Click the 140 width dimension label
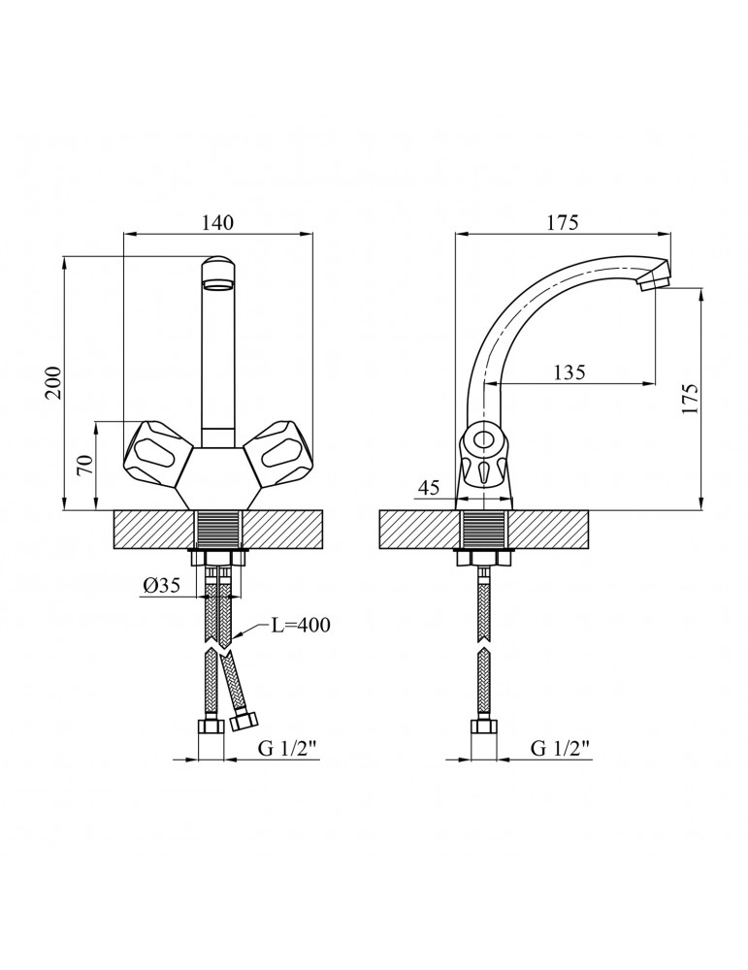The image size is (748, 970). click(217, 223)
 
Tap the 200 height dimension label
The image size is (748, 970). click(55, 383)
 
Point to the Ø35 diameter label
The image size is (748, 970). click(161, 585)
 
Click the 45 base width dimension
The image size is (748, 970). click(428, 488)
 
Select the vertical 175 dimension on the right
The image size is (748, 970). click(691, 399)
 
